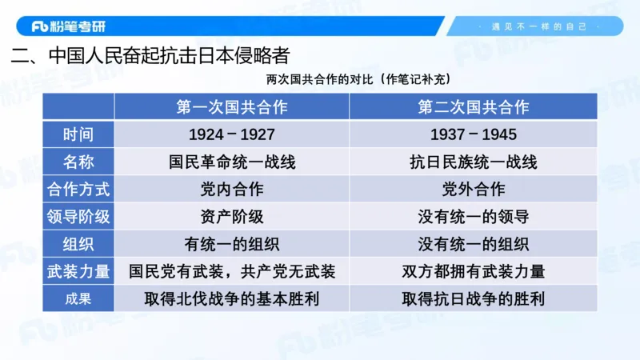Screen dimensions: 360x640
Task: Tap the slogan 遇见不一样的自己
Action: [x=544, y=26]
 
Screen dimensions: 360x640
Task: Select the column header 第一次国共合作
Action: [x=232, y=107]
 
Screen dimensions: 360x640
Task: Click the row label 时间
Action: [x=78, y=134]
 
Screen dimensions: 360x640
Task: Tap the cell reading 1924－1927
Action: [x=232, y=134]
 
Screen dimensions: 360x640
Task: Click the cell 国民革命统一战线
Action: [x=232, y=162]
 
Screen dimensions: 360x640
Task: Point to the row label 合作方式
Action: [x=78, y=190]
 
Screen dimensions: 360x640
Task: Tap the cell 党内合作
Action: [x=232, y=190]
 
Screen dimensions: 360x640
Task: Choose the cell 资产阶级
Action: [x=232, y=217]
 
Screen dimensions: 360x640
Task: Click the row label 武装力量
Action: [x=78, y=271]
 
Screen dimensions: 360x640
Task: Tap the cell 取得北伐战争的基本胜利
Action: [x=232, y=299]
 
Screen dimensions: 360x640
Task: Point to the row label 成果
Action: [x=78, y=299]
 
